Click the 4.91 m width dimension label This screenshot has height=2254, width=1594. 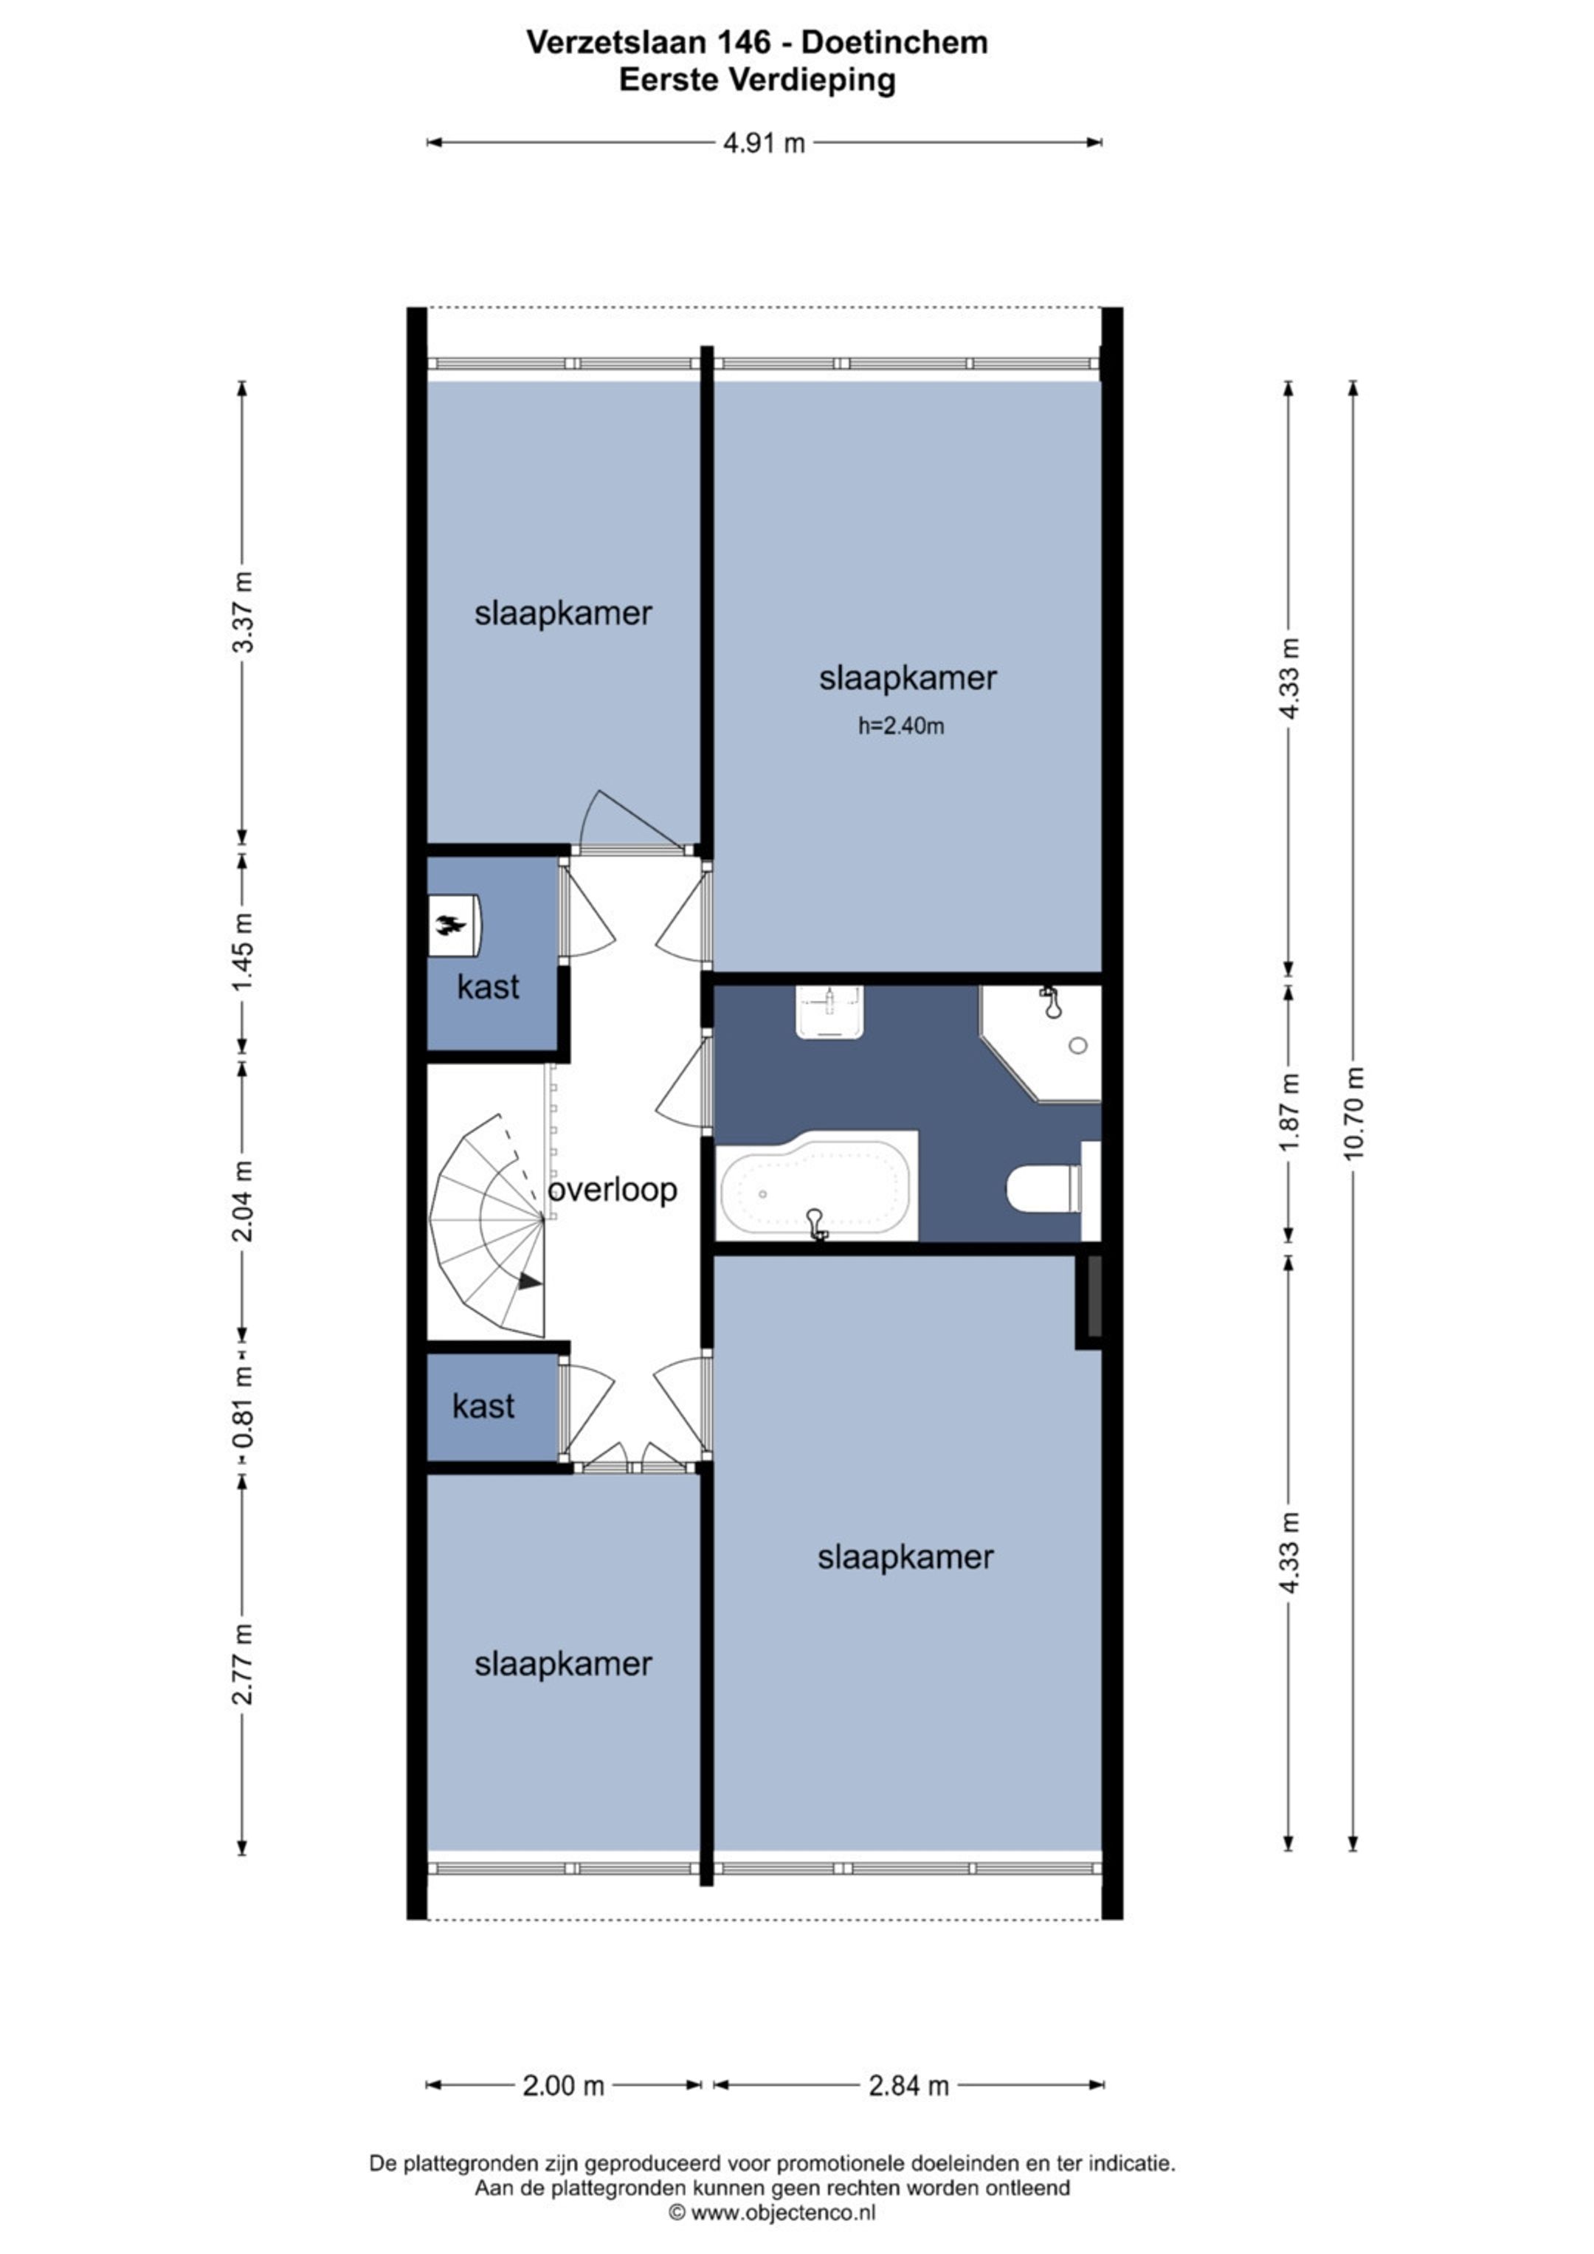click(764, 143)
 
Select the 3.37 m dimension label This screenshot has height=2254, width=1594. click(243, 612)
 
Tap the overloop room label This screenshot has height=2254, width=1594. click(613, 1190)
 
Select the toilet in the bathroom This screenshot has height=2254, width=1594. click(1044, 1189)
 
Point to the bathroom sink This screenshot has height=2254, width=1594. click(830, 1012)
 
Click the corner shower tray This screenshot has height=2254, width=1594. click(1041, 1043)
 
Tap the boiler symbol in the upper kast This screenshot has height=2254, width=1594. click(453, 925)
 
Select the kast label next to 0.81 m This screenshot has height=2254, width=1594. click(484, 1407)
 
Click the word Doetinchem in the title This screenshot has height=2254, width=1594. click(894, 42)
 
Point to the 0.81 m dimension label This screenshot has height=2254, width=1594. click(243, 1407)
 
